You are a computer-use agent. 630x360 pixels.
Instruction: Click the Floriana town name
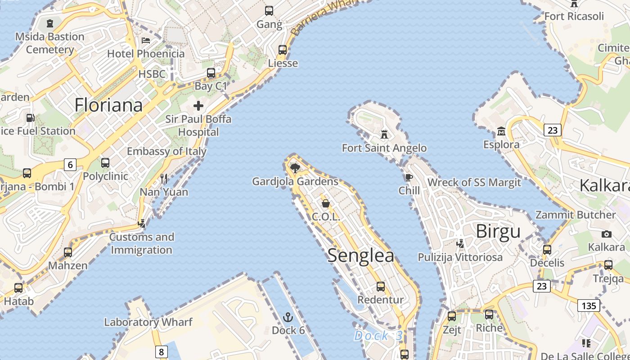(108, 105)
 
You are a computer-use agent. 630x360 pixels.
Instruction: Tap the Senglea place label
(360, 256)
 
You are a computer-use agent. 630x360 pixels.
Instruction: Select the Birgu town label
(498, 231)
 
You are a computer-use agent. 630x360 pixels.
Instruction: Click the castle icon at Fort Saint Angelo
(384, 134)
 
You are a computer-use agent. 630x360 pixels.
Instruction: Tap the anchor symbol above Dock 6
(288, 318)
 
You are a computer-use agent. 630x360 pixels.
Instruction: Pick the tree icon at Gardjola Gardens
(295, 168)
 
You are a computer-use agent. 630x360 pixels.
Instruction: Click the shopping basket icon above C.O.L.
(325, 203)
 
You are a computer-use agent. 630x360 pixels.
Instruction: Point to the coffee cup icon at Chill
(409, 177)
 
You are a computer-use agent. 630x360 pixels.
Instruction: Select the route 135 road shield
(589, 306)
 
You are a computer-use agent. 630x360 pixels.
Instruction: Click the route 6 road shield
(70, 165)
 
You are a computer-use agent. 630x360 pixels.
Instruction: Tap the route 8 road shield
(161, 351)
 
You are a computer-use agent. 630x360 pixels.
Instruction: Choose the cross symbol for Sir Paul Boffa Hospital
(198, 106)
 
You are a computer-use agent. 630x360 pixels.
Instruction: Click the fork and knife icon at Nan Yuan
(164, 179)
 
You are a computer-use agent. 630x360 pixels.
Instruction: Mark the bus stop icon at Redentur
(380, 287)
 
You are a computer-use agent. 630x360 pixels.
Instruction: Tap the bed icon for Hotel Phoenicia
(146, 40)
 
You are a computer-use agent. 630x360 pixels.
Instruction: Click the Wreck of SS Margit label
(474, 182)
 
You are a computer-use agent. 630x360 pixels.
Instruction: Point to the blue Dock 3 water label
(378, 336)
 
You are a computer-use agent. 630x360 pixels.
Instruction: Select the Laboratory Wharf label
(148, 322)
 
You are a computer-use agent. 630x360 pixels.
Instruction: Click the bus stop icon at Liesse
(283, 50)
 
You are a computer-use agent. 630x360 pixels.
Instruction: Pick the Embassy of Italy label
(166, 151)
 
